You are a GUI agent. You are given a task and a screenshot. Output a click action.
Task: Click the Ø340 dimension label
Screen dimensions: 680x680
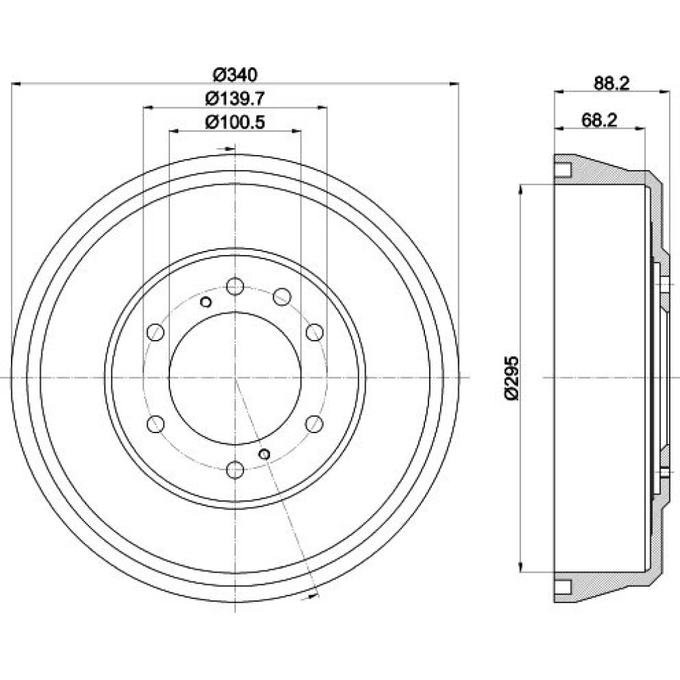pyautogui.click(x=235, y=74)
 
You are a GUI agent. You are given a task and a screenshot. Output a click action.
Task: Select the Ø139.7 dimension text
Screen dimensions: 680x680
pyautogui.click(x=235, y=99)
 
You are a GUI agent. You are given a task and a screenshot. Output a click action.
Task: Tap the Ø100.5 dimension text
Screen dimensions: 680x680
pyautogui.click(x=235, y=122)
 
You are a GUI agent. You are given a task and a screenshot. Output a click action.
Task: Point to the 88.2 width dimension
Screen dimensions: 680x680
pyautogui.click(x=611, y=83)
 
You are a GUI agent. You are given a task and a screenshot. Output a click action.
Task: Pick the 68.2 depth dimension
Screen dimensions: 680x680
pyautogui.click(x=599, y=120)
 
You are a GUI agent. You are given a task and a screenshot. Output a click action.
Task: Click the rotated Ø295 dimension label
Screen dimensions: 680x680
pyautogui.click(x=511, y=378)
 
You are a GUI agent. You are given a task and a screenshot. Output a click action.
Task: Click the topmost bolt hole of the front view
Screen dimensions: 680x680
pyautogui.click(x=235, y=286)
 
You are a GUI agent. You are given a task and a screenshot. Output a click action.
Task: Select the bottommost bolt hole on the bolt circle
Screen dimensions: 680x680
pyautogui.click(x=235, y=470)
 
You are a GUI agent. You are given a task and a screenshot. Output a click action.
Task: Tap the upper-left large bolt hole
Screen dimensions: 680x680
pyautogui.click(x=156, y=333)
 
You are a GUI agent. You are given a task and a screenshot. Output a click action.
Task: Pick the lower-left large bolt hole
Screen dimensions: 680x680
pyautogui.click(x=156, y=424)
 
